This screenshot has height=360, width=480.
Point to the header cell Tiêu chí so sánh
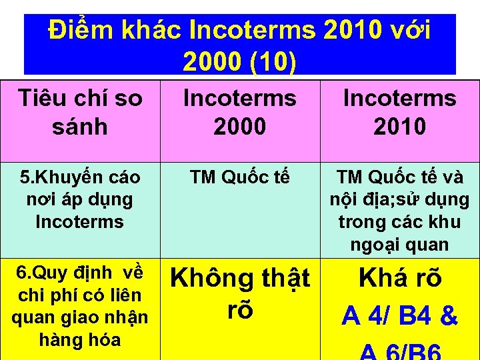[80, 112]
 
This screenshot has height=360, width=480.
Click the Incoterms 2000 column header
[240, 112]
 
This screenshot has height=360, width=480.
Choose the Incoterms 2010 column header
[399, 112]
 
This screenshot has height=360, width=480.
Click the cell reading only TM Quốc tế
[240, 177]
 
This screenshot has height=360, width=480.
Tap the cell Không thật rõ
[240, 293]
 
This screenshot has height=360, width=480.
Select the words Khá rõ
[399, 279]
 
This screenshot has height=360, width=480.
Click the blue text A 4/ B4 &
[399, 316]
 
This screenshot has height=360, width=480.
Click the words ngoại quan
[399, 245]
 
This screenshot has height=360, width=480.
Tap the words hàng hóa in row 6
[80, 339]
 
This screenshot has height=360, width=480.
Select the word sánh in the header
[80, 126]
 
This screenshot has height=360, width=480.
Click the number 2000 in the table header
[240, 126]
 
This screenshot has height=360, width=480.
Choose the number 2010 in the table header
[399, 126]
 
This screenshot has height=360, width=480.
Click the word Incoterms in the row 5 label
[80, 221]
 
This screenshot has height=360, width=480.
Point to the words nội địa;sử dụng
[399, 199]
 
